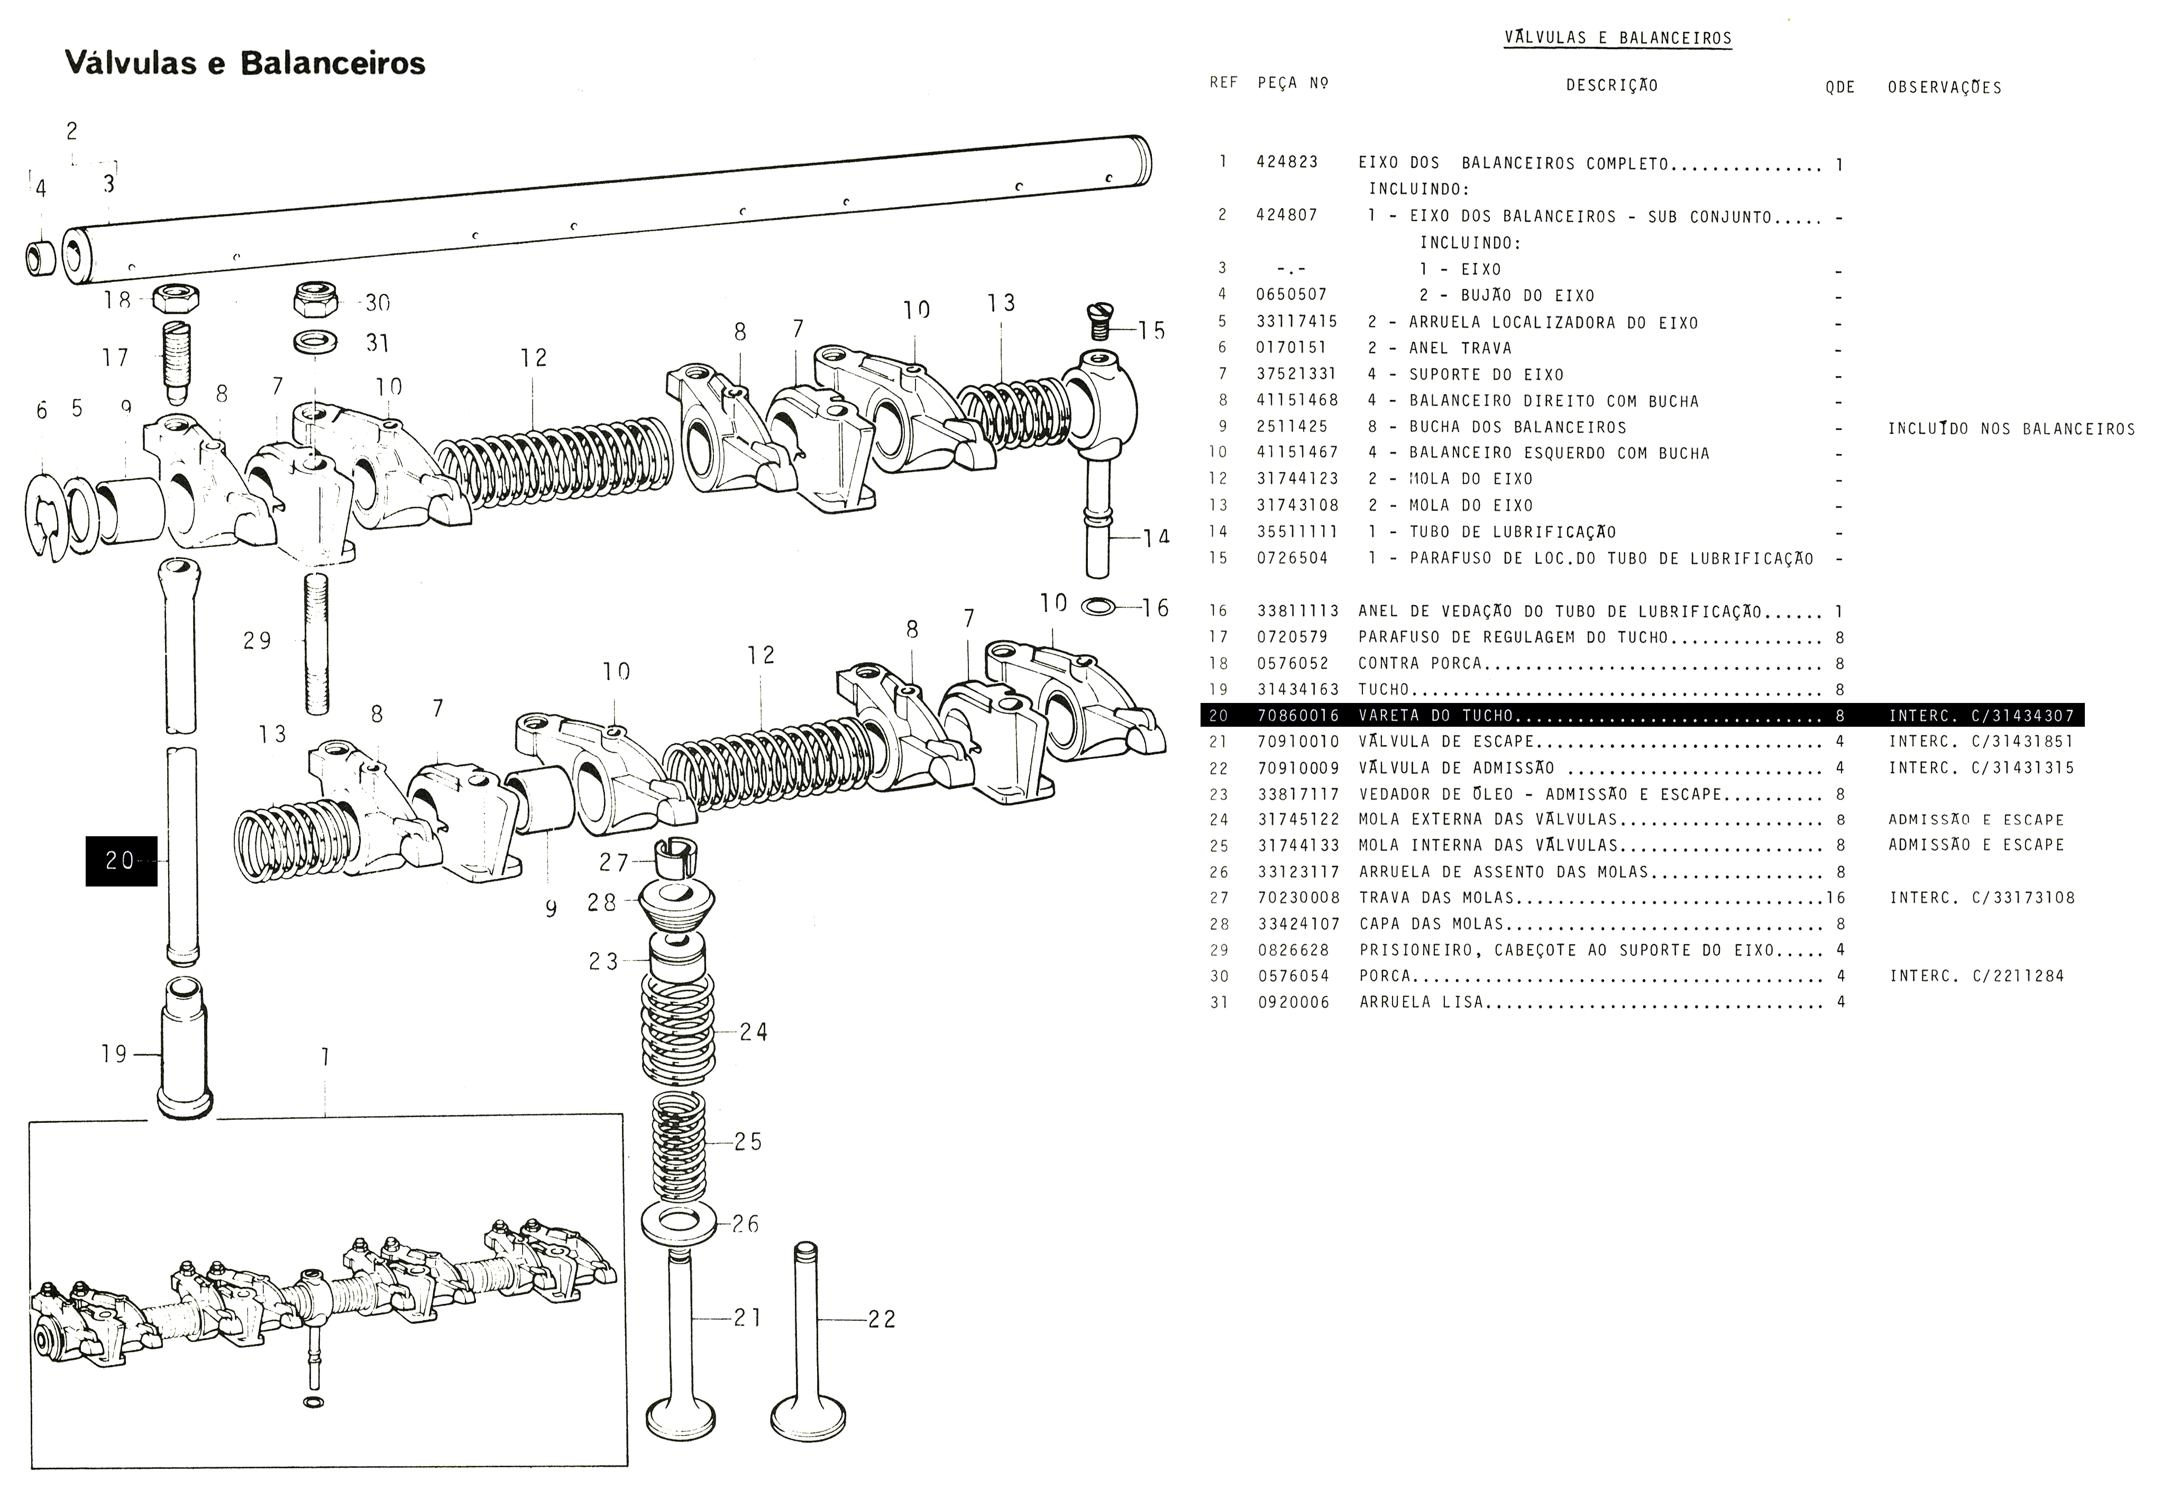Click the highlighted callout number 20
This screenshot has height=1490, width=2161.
pyautogui.click(x=121, y=860)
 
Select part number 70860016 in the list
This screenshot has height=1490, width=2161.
pyautogui.click(x=1297, y=716)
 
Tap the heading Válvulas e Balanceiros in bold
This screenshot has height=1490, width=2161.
pyautogui.click(x=244, y=63)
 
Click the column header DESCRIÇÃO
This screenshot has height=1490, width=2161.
pyautogui.click(x=1611, y=86)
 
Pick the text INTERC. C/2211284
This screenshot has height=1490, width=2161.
pyautogui.click(x=1977, y=976)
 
